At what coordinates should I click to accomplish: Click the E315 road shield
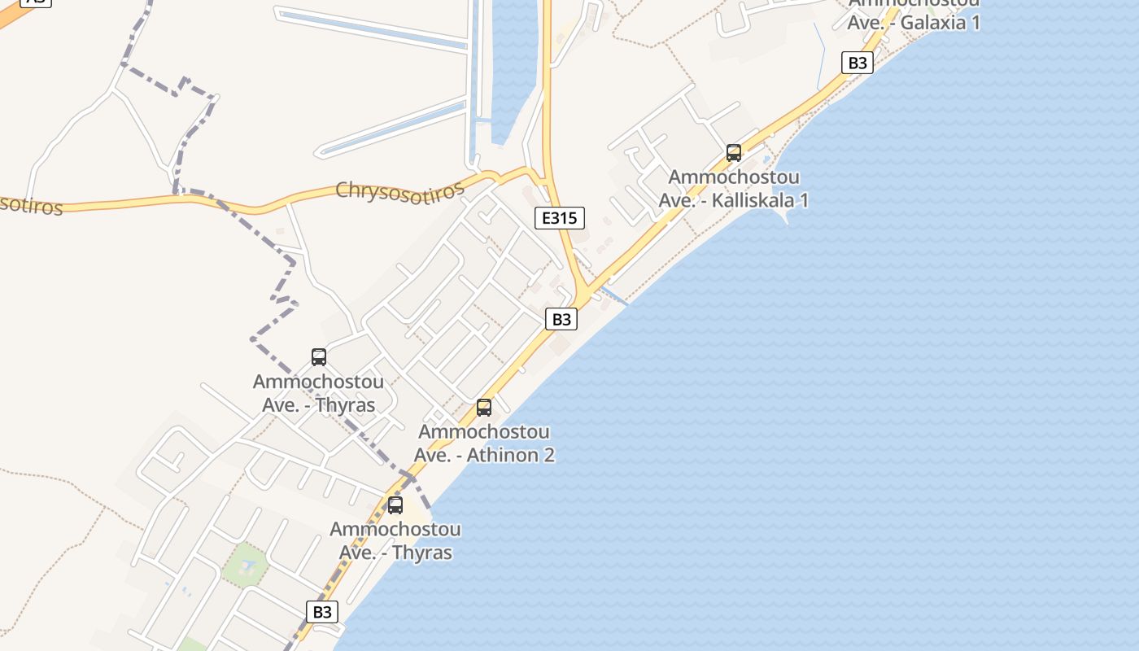click(x=560, y=217)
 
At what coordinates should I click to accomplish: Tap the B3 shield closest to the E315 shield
click(x=561, y=319)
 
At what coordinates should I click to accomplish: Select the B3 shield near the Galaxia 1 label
click(x=858, y=63)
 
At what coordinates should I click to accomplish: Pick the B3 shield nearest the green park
click(x=322, y=612)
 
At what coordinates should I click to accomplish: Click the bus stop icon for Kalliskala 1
click(x=734, y=152)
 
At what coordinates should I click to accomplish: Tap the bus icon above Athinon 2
click(x=484, y=408)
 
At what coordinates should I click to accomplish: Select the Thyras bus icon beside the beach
click(x=395, y=505)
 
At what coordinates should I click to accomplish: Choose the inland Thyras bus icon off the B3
click(x=319, y=356)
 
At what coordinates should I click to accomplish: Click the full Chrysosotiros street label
click(x=399, y=190)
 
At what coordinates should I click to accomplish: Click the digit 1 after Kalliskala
click(x=804, y=200)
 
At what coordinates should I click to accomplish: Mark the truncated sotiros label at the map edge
click(x=31, y=205)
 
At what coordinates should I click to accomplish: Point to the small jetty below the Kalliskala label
click(x=786, y=216)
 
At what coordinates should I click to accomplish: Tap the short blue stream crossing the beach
click(x=614, y=296)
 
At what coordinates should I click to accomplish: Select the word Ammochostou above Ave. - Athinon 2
click(x=484, y=432)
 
